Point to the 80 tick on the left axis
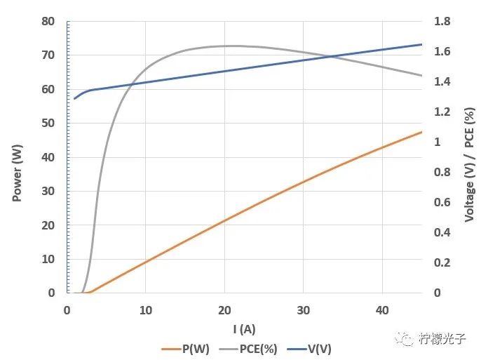[x=48, y=21]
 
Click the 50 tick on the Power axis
[x=48, y=123]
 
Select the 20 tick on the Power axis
[x=48, y=225]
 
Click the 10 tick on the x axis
[x=146, y=309]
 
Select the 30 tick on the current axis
[x=303, y=309]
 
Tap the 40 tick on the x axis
[x=382, y=309]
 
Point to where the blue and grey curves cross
[x=332, y=56]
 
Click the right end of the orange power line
[x=421, y=132]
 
